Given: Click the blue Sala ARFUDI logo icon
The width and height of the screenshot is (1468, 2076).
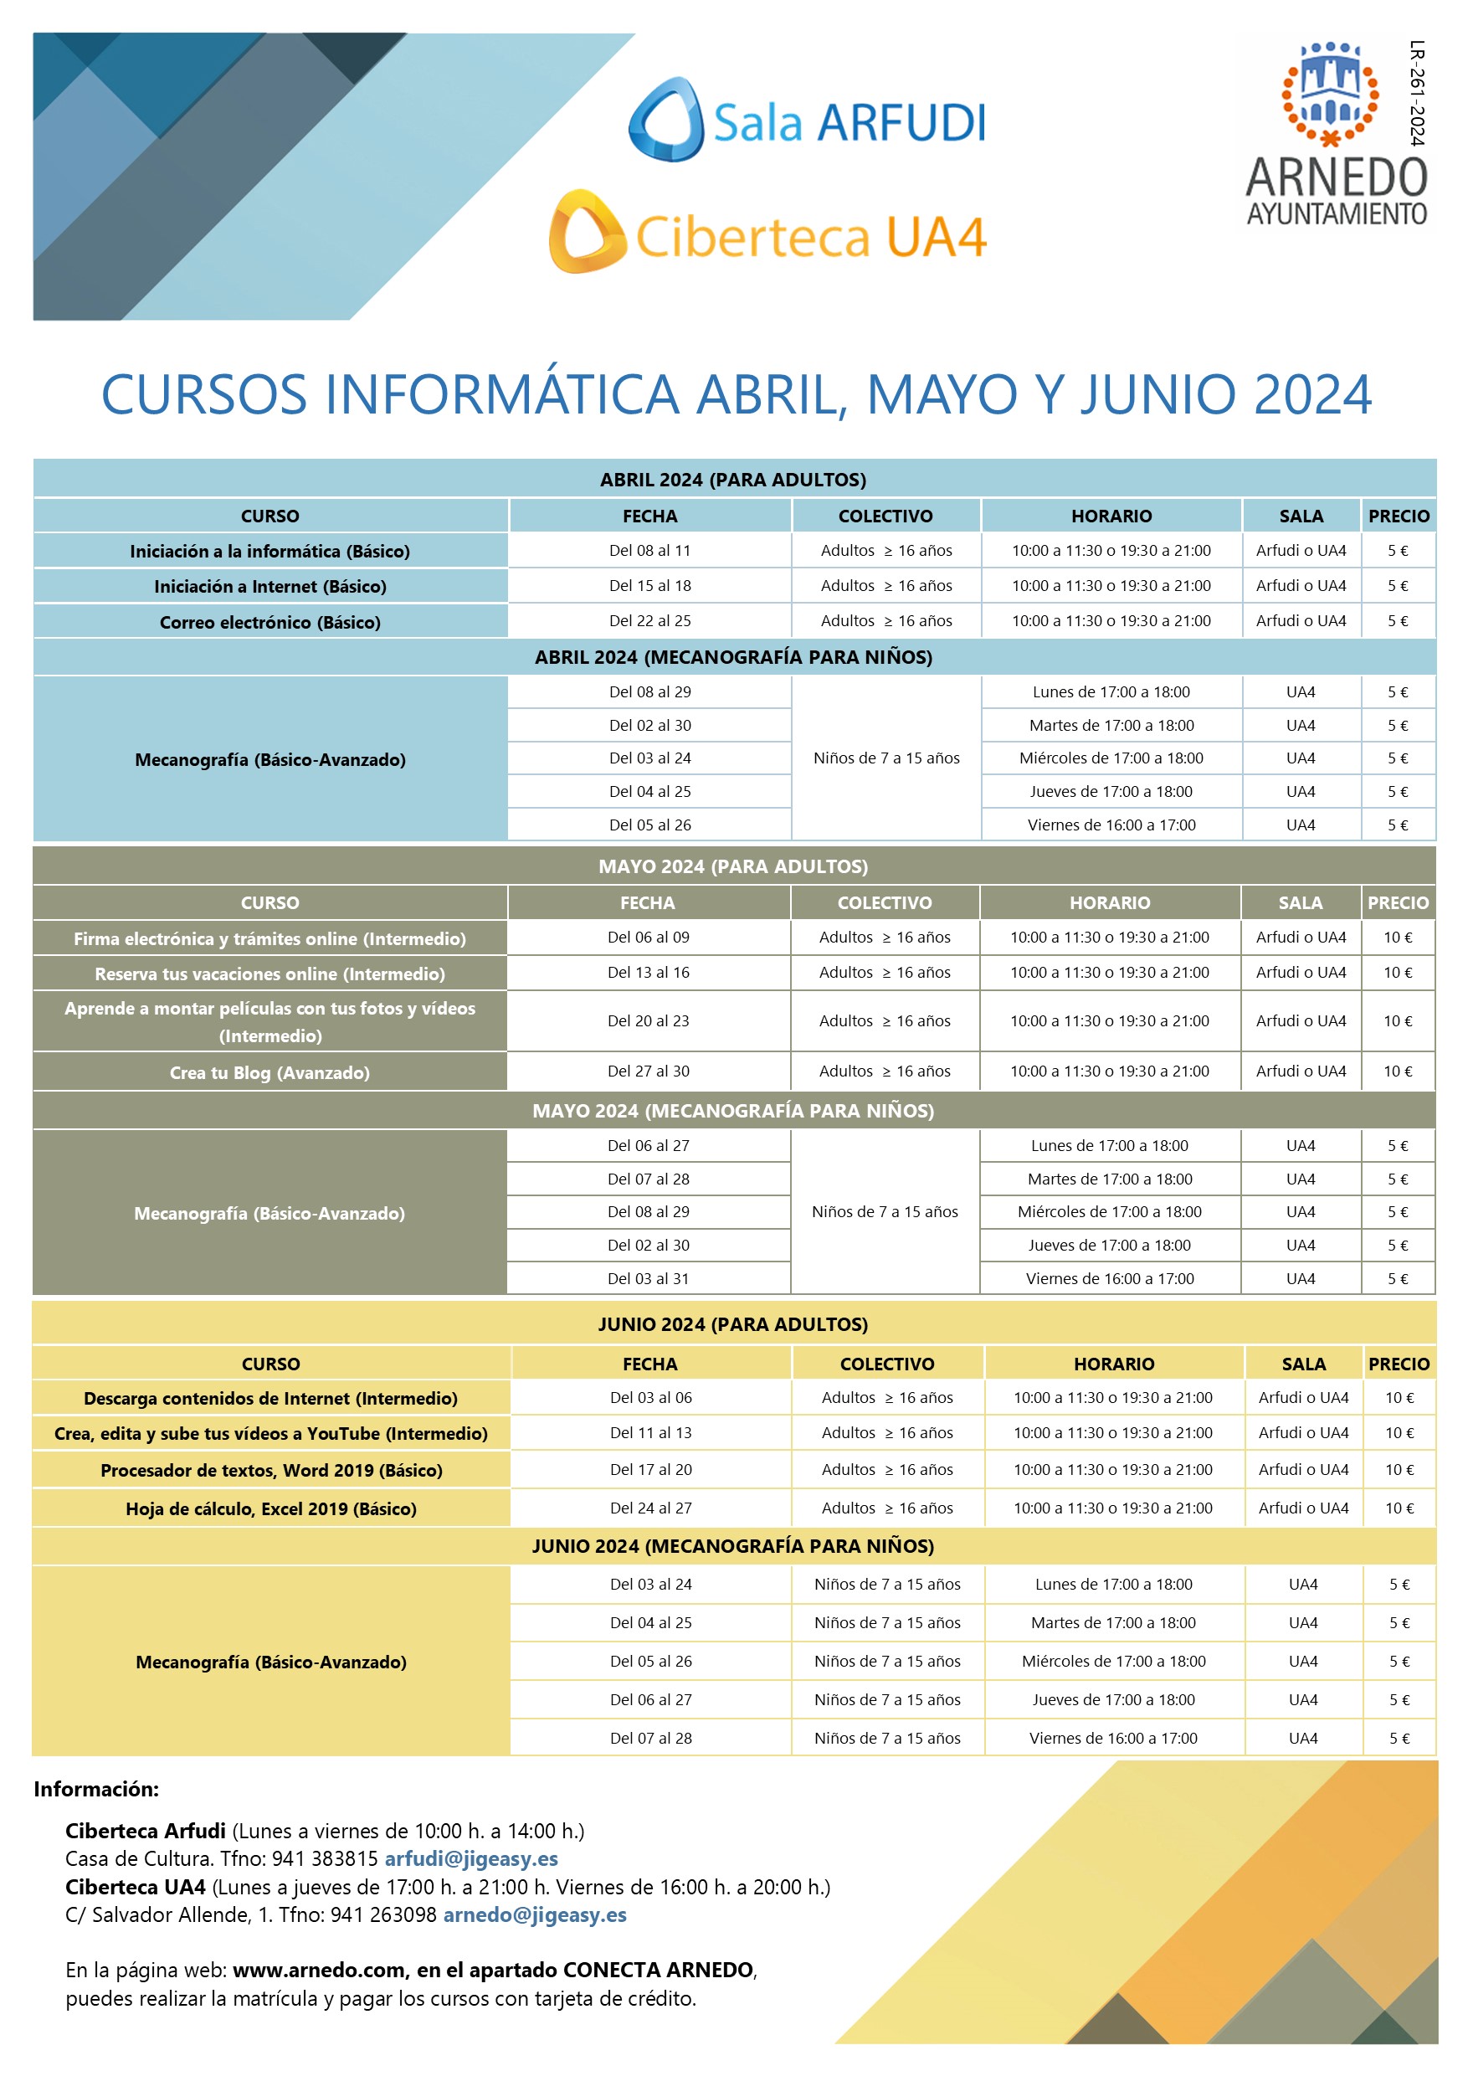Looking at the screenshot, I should (x=667, y=121).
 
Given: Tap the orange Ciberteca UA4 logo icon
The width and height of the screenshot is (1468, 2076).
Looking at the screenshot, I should (x=587, y=232).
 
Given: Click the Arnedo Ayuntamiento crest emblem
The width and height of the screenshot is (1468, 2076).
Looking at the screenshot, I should (x=1330, y=93).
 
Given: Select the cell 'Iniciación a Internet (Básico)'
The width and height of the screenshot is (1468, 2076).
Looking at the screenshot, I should (x=270, y=586).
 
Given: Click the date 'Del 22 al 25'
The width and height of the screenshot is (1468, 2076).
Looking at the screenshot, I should (x=650, y=621).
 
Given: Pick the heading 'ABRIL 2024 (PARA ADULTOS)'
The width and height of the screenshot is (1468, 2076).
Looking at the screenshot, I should (x=733, y=479).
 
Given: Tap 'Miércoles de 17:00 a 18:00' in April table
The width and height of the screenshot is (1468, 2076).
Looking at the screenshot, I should (x=1111, y=758).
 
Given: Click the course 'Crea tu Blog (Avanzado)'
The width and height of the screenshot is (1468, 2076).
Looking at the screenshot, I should (x=269, y=1072).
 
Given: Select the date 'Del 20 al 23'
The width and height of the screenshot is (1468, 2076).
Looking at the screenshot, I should (x=648, y=1020).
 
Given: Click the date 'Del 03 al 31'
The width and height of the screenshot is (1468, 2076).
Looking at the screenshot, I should (x=648, y=1278).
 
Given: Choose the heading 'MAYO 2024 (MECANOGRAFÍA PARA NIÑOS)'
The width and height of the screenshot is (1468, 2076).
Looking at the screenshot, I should (x=733, y=1110).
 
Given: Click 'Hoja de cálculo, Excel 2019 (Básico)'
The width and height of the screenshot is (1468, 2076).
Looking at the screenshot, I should (x=271, y=1508).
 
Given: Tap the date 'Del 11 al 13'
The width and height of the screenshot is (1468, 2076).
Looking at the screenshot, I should (x=651, y=1433).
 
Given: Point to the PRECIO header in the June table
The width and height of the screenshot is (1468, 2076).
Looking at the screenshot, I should (x=1399, y=1364).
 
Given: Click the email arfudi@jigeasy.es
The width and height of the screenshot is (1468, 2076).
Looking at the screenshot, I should (x=471, y=1858).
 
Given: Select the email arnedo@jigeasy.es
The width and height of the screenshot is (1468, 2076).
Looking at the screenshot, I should (x=534, y=1914).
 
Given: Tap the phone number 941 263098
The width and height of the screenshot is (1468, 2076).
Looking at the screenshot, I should (x=383, y=1914).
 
